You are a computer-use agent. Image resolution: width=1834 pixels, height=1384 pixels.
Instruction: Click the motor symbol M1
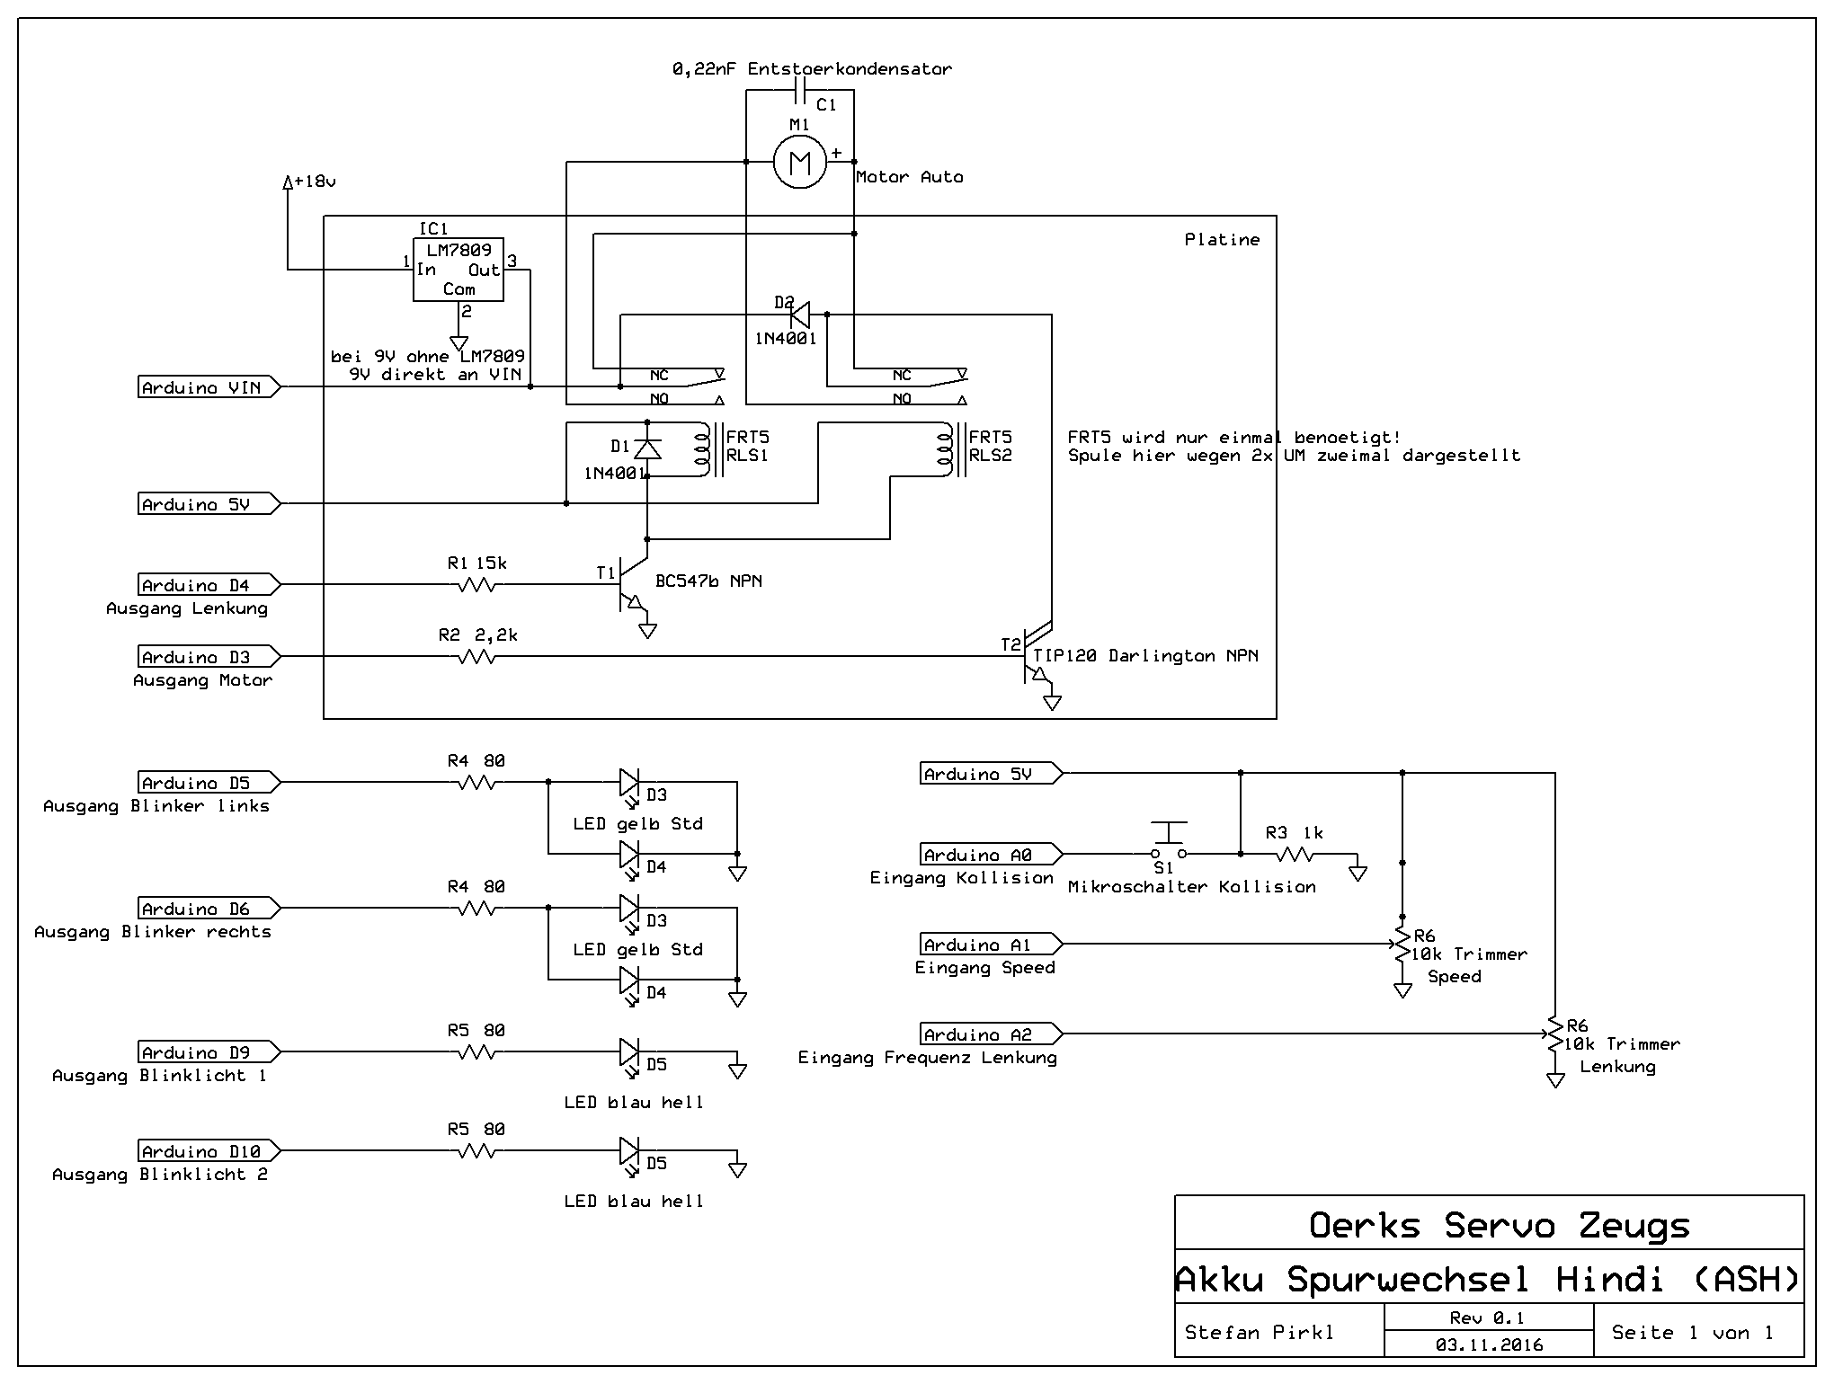pyautogui.click(x=799, y=163)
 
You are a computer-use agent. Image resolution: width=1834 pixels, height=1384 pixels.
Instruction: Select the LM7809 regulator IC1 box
pyautogui.click(x=458, y=269)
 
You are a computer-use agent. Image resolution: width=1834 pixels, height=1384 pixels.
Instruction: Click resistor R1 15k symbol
pyautogui.click(x=476, y=585)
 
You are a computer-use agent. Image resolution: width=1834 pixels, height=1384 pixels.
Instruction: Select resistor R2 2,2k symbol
pyautogui.click(x=476, y=657)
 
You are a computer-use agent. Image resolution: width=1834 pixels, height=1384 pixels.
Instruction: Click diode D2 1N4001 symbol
pyautogui.click(x=799, y=315)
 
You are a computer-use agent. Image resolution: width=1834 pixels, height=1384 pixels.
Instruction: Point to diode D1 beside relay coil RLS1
pyautogui.click(x=647, y=448)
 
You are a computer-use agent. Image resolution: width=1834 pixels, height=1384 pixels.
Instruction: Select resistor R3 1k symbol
pyautogui.click(x=1295, y=854)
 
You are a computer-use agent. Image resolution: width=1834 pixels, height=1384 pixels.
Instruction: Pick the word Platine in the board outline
pyautogui.click(x=1222, y=240)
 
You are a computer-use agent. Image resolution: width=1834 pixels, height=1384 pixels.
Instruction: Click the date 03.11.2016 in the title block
pyautogui.click(x=1489, y=1344)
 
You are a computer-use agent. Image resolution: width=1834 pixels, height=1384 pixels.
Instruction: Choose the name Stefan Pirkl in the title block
pyautogui.click(x=1259, y=1333)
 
